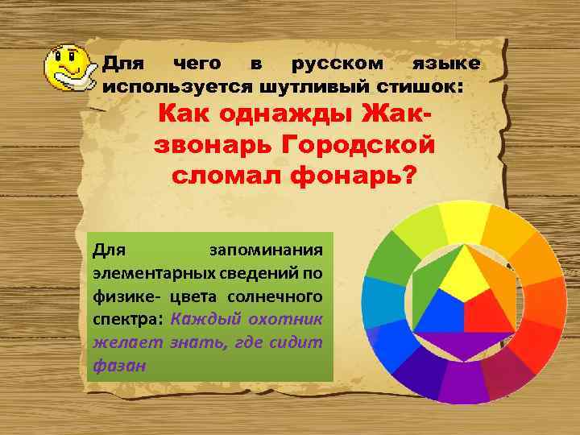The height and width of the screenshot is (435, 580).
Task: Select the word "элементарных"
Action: click(x=145, y=271)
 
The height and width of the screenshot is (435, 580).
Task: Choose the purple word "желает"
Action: click(x=127, y=342)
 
